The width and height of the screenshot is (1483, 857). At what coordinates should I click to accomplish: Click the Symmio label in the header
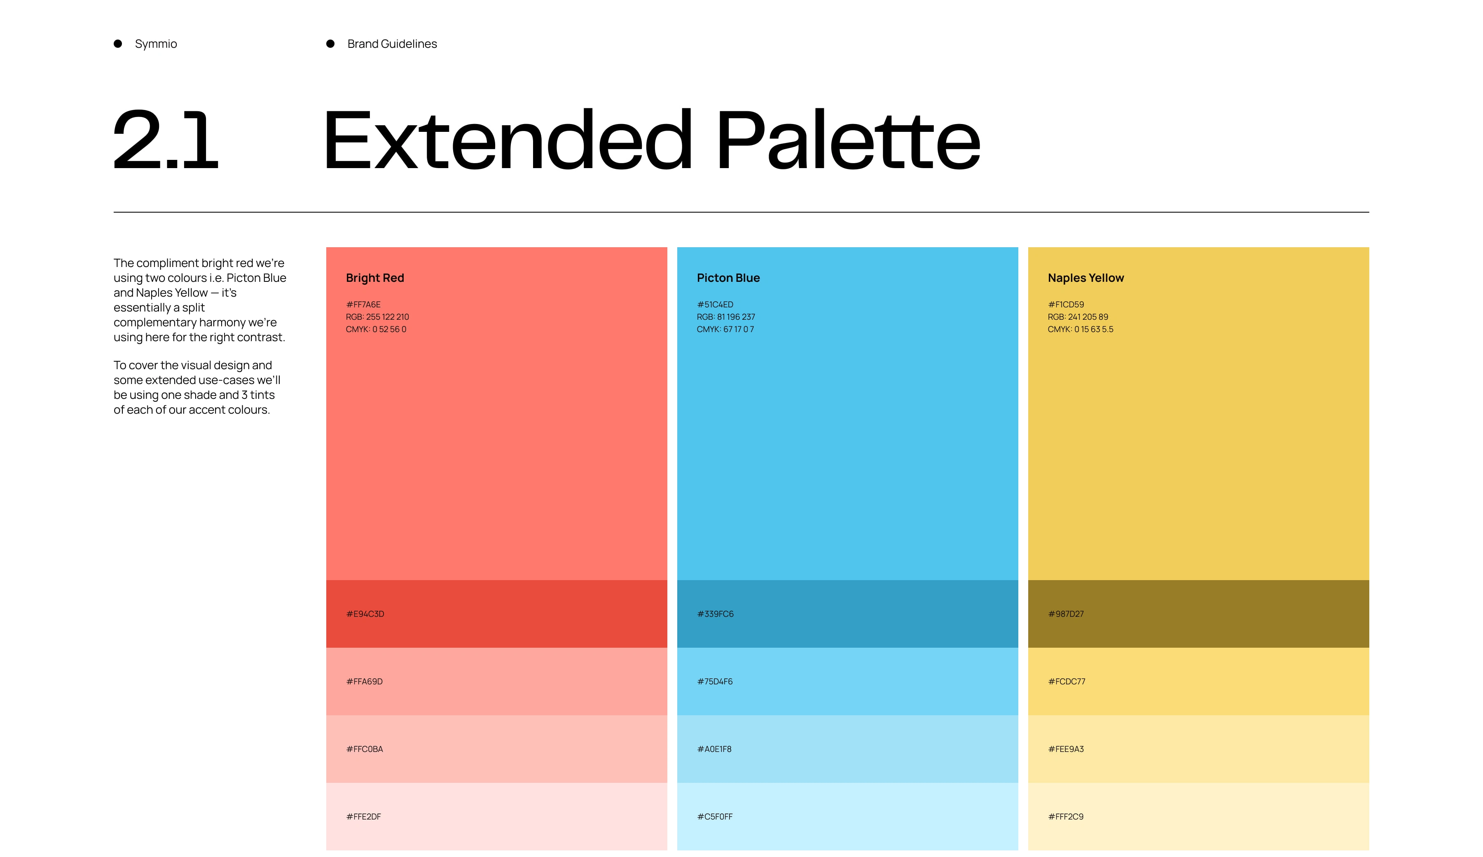[156, 44]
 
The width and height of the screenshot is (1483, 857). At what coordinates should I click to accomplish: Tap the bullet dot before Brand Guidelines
[330, 44]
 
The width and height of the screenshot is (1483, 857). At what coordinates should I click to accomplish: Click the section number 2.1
[166, 140]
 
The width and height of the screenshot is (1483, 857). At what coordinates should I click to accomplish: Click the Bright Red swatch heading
[375, 278]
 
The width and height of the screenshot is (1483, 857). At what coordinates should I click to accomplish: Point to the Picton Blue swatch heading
[728, 278]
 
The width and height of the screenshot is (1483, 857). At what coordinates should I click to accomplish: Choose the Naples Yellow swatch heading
[1086, 278]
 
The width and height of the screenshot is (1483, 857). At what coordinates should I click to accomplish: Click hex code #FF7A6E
[363, 304]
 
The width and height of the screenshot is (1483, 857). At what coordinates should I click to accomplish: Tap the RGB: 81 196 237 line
[725, 317]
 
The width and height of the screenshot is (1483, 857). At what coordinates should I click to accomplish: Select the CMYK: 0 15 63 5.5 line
[1081, 329]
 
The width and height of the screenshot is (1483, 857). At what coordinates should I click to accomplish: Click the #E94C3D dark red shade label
[365, 614]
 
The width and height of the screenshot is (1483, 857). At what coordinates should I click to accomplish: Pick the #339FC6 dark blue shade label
[715, 614]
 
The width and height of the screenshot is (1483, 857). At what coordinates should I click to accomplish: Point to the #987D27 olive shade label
[1066, 614]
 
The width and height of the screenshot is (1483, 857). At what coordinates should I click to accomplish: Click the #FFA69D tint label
[364, 681]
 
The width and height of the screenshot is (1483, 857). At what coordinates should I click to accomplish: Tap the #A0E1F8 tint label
[714, 749]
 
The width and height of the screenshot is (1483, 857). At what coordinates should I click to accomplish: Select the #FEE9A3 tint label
[1066, 749]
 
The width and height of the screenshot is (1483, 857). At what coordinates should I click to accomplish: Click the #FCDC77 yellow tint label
[1067, 681]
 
